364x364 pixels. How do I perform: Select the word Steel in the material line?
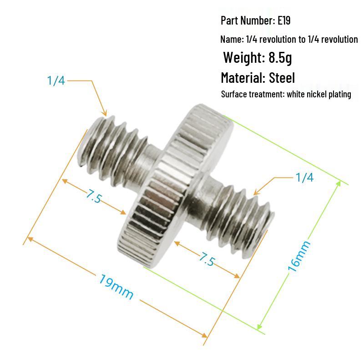[x=282, y=78]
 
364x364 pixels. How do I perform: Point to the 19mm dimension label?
[x=116, y=286]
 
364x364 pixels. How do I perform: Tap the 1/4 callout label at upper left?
[x=56, y=81]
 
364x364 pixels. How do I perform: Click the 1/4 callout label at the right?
[x=304, y=177]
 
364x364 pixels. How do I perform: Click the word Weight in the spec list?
[x=243, y=58]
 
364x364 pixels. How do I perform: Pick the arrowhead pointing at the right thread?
[x=256, y=192]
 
